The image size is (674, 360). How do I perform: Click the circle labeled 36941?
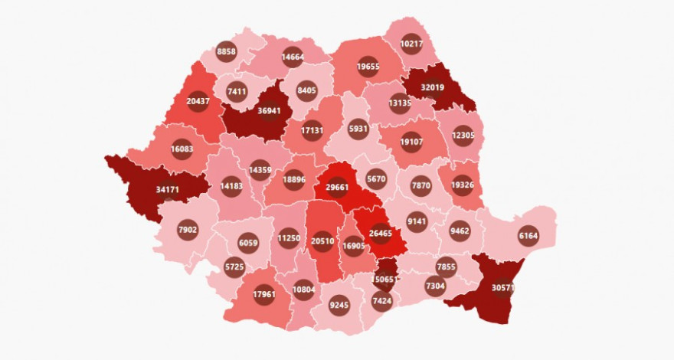(267, 112)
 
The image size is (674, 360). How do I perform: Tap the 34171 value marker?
(168, 188)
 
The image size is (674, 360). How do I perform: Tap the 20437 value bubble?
(198, 101)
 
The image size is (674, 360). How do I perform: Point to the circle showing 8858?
(226, 51)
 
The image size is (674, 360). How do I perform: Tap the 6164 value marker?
(528, 235)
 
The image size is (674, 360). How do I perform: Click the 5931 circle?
(358, 127)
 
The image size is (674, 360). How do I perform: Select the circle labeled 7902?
(188, 229)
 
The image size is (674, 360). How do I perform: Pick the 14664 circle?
(292, 57)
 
